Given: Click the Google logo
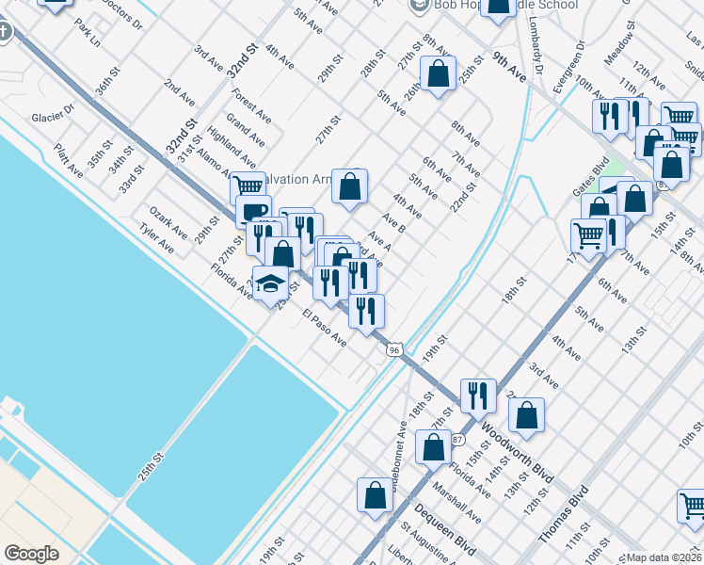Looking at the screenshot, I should pyautogui.click(x=31, y=554).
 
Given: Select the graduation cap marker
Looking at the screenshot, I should pyautogui.click(x=270, y=285).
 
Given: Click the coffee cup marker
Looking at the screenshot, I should pyautogui.click(x=253, y=213).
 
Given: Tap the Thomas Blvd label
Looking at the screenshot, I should pyautogui.click(x=564, y=514).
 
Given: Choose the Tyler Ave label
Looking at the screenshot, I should pyautogui.click(x=157, y=239).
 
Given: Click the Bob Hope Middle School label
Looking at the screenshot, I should pyautogui.click(x=504, y=5).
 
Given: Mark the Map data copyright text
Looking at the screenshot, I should pyautogui.click(x=663, y=557).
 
